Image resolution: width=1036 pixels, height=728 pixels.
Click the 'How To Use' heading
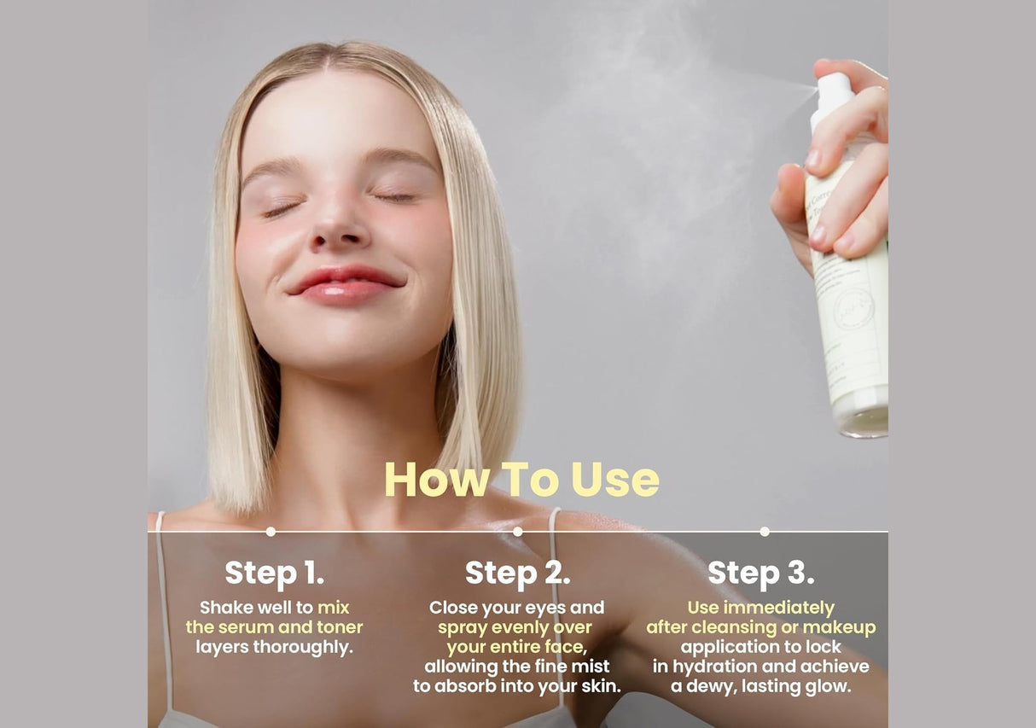pyautogui.click(x=521, y=480)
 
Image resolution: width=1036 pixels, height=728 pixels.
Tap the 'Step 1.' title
pyautogui.click(x=275, y=574)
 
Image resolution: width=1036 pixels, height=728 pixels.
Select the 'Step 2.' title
pyautogui.click(x=518, y=574)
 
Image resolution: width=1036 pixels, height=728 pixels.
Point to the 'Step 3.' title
pyautogui.click(x=761, y=574)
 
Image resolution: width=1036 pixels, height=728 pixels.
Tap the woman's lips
pyautogui.click(x=345, y=283)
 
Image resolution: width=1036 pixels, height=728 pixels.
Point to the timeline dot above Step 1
pyautogui.click(x=271, y=531)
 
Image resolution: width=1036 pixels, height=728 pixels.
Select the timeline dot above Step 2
pyautogui.click(x=518, y=531)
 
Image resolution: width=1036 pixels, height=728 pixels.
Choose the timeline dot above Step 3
pyautogui.click(x=765, y=531)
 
